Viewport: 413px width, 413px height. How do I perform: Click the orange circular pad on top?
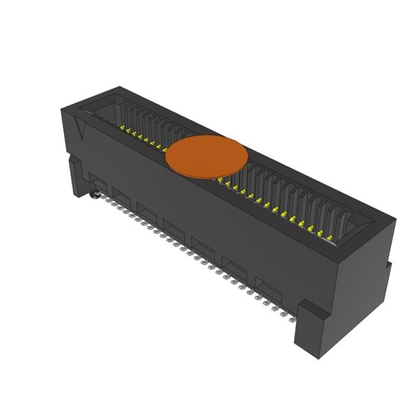tap(206, 156)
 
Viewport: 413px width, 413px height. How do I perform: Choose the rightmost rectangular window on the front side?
tap(268, 285)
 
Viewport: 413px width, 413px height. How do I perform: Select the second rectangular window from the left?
tap(122, 198)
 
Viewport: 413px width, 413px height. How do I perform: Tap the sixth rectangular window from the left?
tap(234, 265)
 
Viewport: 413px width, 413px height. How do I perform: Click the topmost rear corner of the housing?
tap(119, 88)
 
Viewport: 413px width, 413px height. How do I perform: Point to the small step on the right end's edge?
tap(388, 265)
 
